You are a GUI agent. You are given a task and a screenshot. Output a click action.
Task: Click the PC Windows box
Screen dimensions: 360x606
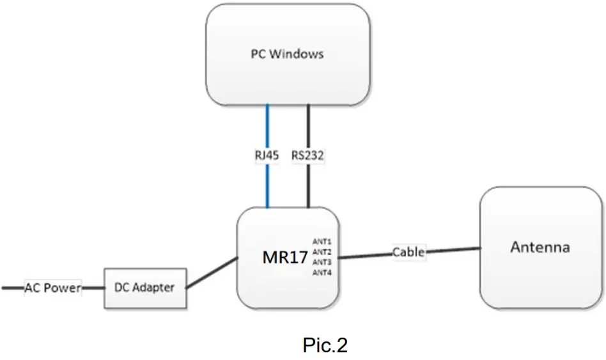tap(288, 77)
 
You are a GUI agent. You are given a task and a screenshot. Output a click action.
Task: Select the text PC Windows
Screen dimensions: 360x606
tap(286, 54)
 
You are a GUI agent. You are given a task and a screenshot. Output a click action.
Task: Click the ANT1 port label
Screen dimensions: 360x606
tap(322, 242)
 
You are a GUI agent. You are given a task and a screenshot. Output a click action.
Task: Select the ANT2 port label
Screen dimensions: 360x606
tap(322, 252)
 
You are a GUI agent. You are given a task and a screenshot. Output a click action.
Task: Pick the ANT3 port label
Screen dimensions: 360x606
tap(322, 262)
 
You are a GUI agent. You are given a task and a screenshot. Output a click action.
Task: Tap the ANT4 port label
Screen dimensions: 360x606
tap(322, 273)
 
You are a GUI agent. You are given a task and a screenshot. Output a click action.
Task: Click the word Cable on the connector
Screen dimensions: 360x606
tap(408, 252)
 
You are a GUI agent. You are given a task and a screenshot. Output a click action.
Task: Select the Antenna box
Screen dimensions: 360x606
tap(541, 269)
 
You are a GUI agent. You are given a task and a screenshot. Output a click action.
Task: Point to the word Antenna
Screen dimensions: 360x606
tap(540, 247)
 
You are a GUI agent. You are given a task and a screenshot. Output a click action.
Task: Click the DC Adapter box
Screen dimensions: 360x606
tap(145, 288)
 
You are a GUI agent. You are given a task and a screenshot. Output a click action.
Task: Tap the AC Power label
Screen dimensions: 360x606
tap(53, 288)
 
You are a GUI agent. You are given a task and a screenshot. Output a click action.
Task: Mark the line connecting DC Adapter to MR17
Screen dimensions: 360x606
tap(211, 274)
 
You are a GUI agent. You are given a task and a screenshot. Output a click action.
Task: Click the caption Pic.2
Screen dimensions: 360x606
tap(325, 345)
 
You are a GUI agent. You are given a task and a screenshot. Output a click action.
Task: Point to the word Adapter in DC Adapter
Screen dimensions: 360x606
tap(153, 288)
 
